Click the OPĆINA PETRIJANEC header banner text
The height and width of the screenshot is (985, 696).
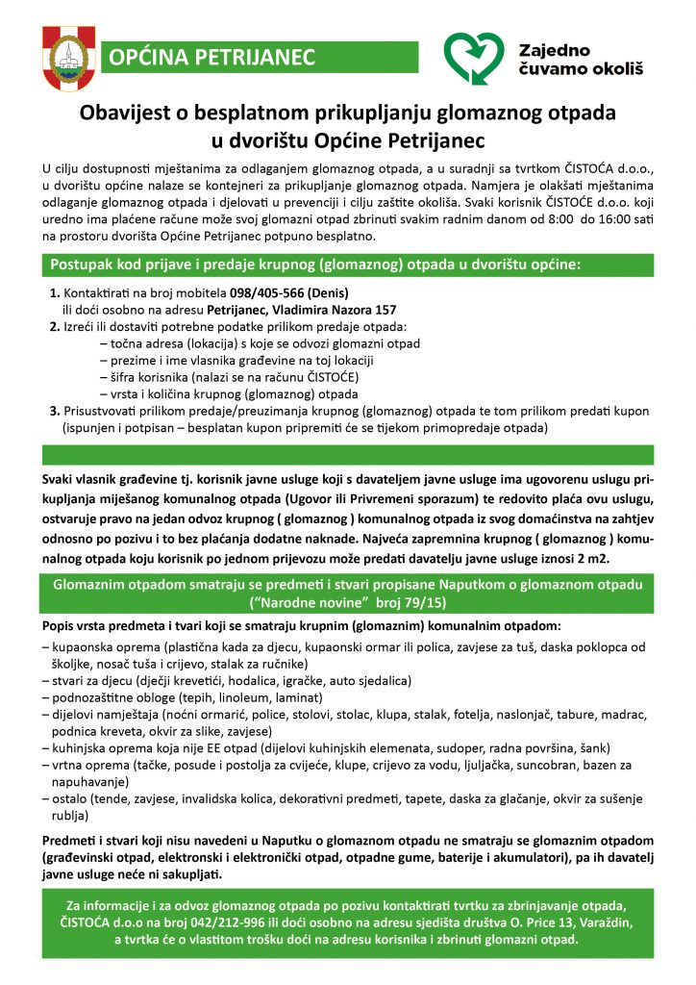click(212, 58)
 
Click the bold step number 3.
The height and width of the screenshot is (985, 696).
click(54, 411)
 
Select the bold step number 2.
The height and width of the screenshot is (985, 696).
click(54, 327)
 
